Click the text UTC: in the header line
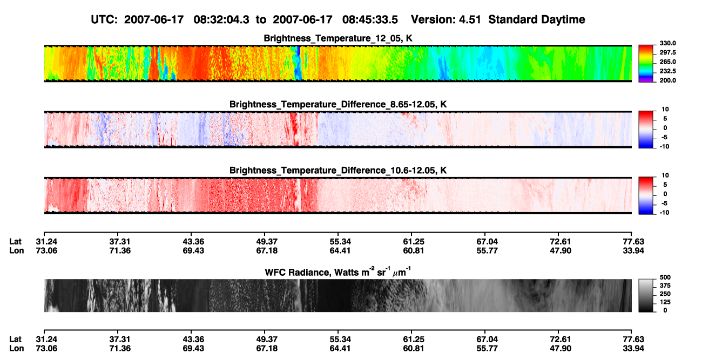tap(104, 20)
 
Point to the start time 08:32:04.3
tap(221, 20)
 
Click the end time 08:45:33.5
tap(370, 20)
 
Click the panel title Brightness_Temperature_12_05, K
tap(338, 38)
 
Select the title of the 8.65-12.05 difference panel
tap(338, 104)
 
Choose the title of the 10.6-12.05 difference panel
tap(338, 171)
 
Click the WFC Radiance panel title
tap(338, 272)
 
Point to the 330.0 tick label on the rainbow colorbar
tap(667, 43)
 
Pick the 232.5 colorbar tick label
tap(667, 71)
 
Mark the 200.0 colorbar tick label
tap(667, 80)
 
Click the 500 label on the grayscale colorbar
tap(665, 277)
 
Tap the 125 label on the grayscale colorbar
tap(665, 302)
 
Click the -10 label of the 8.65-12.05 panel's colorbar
tap(664, 147)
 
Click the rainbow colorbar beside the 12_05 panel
tap(646, 64)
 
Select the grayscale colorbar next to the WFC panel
tap(646, 295)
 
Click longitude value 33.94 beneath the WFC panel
tap(633, 349)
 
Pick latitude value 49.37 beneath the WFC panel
tap(267, 339)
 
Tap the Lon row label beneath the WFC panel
tap(16, 349)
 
